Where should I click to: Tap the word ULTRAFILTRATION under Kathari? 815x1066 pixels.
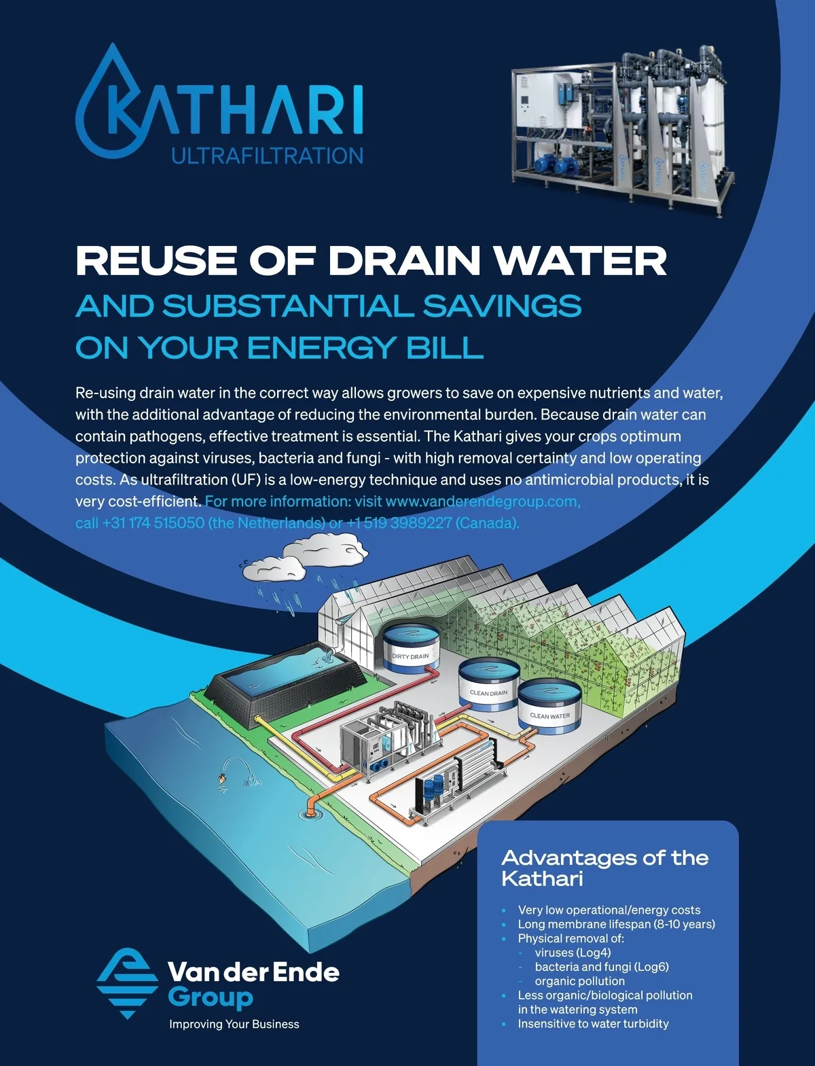267,156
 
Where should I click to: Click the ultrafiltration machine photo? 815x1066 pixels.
621,129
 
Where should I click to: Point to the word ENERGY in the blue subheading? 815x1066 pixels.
320,348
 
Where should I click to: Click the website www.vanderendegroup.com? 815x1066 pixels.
482,501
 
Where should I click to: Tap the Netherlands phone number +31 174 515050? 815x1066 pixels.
153,523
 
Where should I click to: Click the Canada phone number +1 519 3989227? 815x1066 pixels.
399,523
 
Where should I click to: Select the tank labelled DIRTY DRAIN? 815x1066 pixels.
410,649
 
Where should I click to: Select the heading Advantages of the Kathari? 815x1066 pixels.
604,868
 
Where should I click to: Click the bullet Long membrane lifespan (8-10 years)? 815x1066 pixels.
616,924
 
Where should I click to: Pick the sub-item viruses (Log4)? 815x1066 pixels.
573,953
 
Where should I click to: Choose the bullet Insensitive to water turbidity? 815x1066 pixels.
593,1024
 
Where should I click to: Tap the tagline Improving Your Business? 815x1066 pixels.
234,1024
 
